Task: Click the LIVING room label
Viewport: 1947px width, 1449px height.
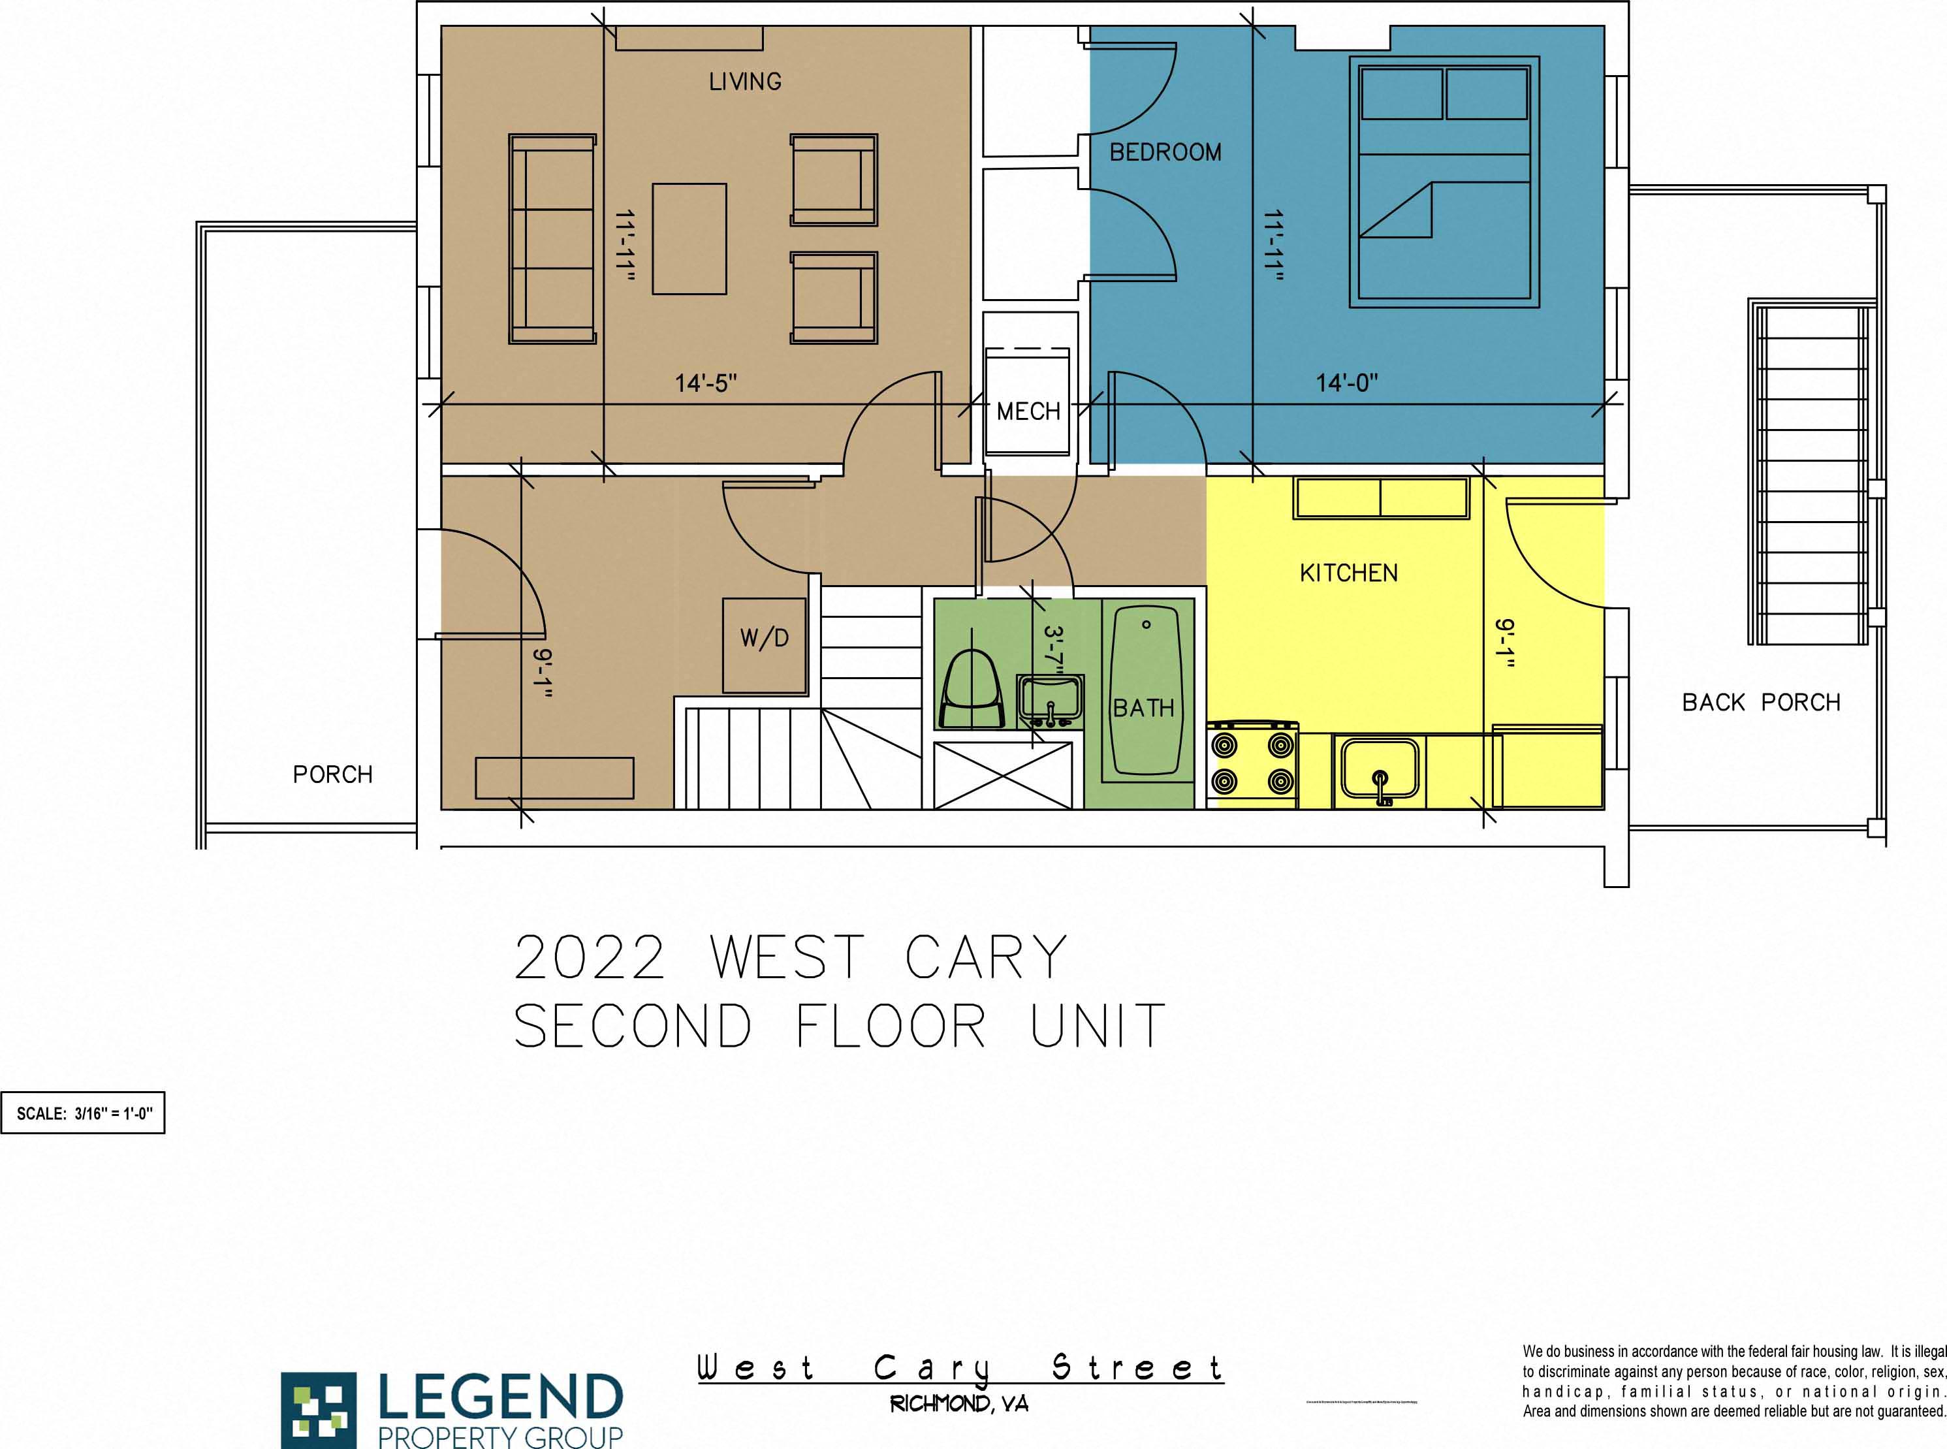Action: coord(744,82)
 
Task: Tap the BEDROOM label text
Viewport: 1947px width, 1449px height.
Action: coord(1165,153)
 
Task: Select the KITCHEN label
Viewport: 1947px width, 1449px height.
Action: coord(1348,573)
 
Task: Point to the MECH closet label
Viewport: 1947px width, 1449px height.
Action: coord(1028,411)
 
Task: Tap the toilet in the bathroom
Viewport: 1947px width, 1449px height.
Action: coord(971,691)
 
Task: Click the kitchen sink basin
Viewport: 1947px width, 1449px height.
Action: coord(1380,769)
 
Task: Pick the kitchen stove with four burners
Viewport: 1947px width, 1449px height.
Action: coord(1252,763)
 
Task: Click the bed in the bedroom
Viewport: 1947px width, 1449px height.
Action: coord(1444,182)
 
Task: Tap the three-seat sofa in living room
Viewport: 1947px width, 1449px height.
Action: coord(552,238)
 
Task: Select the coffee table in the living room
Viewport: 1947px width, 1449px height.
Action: coord(689,238)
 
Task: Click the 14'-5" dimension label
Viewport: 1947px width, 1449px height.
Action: coord(705,383)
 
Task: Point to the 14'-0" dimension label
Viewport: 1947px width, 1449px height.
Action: coord(1346,383)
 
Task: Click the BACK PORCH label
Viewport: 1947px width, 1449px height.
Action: coord(1760,703)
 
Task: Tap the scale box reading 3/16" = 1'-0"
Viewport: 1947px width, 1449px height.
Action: coord(84,1113)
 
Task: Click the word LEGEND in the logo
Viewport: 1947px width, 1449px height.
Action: coord(500,1398)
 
